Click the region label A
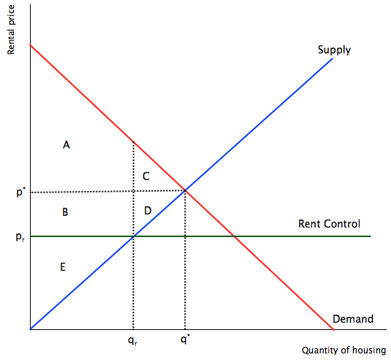click(67, 145)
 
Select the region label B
click(65, 212)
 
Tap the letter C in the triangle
click(146, 176)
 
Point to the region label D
click(148, 211)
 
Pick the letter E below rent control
click(63, 267)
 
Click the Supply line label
click(334, 50)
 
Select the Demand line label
click(353, 319)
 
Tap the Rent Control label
click(329, 224)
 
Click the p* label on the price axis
click(20, 192)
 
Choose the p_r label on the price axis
click(20, 237)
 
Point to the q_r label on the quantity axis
click(133, 340)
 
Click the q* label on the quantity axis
click(184, 340)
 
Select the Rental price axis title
click(11, 29)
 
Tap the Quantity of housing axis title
click(344, 350)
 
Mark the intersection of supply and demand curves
click(185, 191)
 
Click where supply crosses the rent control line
click(134, 236)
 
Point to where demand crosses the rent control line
click(234, 236)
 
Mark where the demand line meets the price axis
click(31, 45)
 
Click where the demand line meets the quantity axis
click(333, 329)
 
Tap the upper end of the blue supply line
click(333, 59)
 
